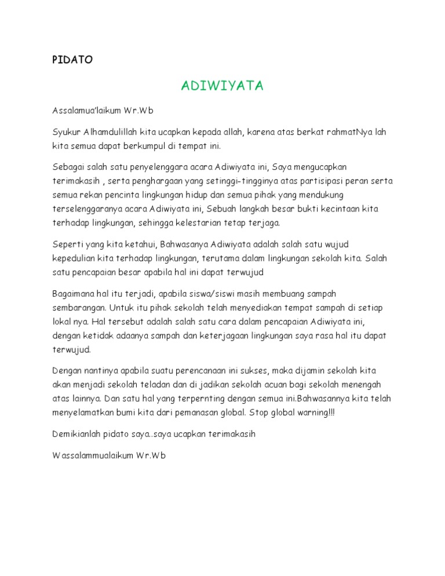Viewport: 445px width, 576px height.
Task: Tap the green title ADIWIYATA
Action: pos(222,86)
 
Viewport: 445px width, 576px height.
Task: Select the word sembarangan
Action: pos(78,307)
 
